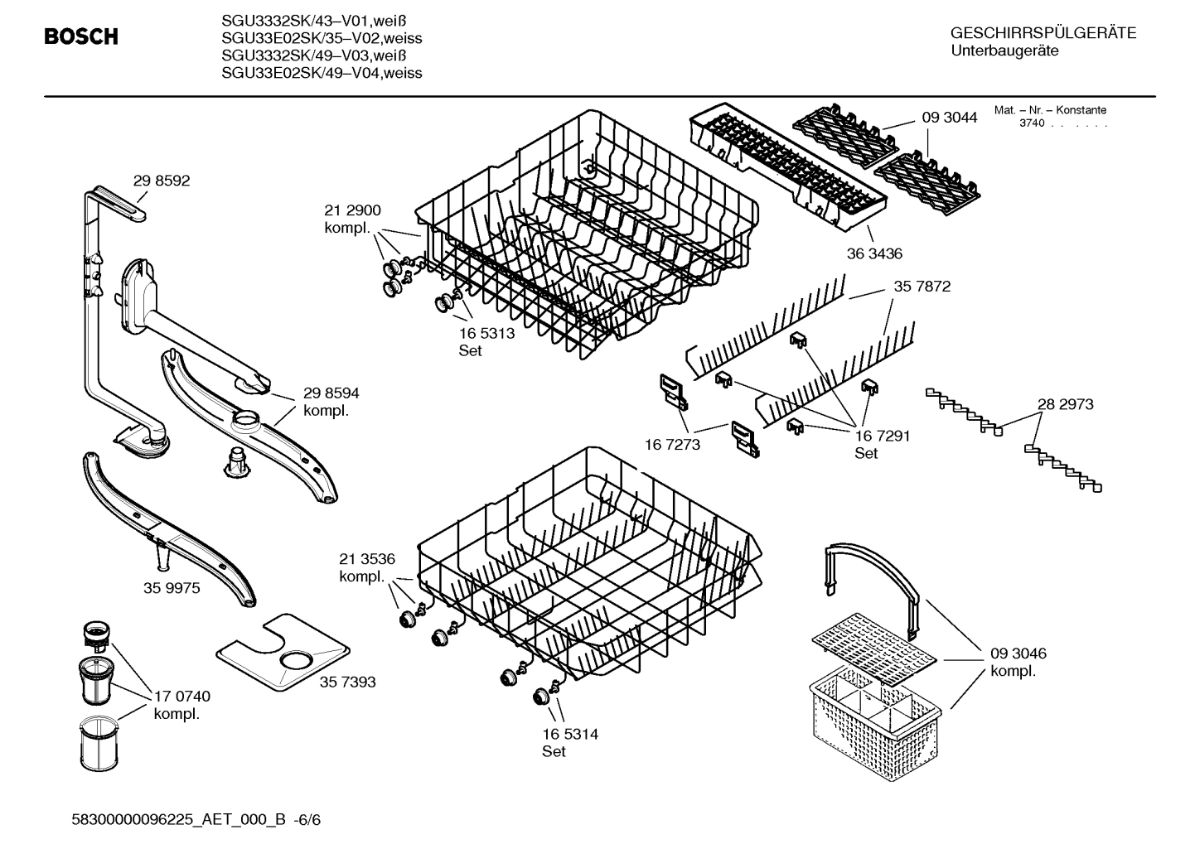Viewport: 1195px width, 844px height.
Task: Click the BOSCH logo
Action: pyautogui.click(x=80, y=36)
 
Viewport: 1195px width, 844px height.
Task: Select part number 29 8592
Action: pyautogui.click(x=161, y=181)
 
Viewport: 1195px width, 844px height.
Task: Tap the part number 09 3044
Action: pyautogui.click(x=949, y=118)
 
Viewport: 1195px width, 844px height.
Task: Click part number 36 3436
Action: pyautogui.click(x=873, y=253)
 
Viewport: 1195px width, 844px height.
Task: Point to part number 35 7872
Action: pyautogui.click(x=922, y=287)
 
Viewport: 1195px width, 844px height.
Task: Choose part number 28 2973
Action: pyautogui.click(x=1065, y=404)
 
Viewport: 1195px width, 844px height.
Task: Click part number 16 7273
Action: pyautogui.click(x=672, y=445)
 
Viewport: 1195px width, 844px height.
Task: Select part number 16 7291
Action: pyautogui.click(x=882, y=436)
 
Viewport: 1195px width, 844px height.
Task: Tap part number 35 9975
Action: pyautogui.click(x=172, y=588)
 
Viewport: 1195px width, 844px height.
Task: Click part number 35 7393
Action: pyautogui.click(x=347, y=682)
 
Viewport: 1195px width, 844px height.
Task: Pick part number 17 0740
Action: pyautogui.click(x=181, y=697)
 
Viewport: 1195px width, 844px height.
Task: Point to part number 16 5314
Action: pyautogui.click(x=570, y=734)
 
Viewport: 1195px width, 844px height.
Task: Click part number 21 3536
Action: pyautogui.click(x=366, y=559)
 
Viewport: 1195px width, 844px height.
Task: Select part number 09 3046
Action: pyautogui.click(x=1018, y=653)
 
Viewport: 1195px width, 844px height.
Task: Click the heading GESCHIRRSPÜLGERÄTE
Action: pyautogui.click(x=1043, y=33)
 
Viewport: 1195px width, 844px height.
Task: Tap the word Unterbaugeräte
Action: pyautogui.click(x=1004, y=51)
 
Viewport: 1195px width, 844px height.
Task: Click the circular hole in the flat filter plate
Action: pyautogui.click(x=296, y=660)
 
